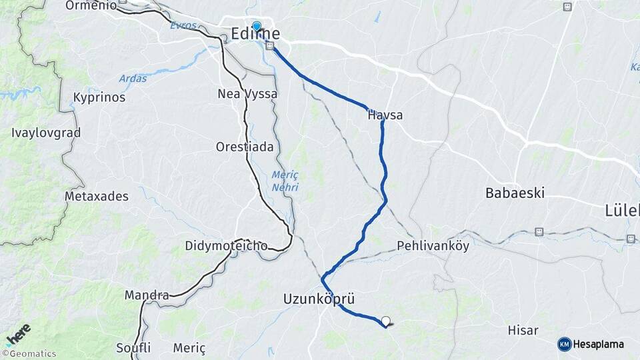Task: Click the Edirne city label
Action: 255,34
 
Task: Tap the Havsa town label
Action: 385,115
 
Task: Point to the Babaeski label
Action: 515,193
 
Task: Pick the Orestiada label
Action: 245,147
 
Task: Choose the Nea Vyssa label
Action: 247,94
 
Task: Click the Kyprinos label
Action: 99,97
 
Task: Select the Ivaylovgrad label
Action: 46,133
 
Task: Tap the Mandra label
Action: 146,295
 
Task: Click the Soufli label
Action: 133,347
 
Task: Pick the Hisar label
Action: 523,330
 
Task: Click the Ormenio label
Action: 91,5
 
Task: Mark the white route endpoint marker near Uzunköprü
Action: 385,321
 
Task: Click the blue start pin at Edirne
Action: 257,26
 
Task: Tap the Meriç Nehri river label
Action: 285,181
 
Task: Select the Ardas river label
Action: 133,79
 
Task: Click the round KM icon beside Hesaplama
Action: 564,344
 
